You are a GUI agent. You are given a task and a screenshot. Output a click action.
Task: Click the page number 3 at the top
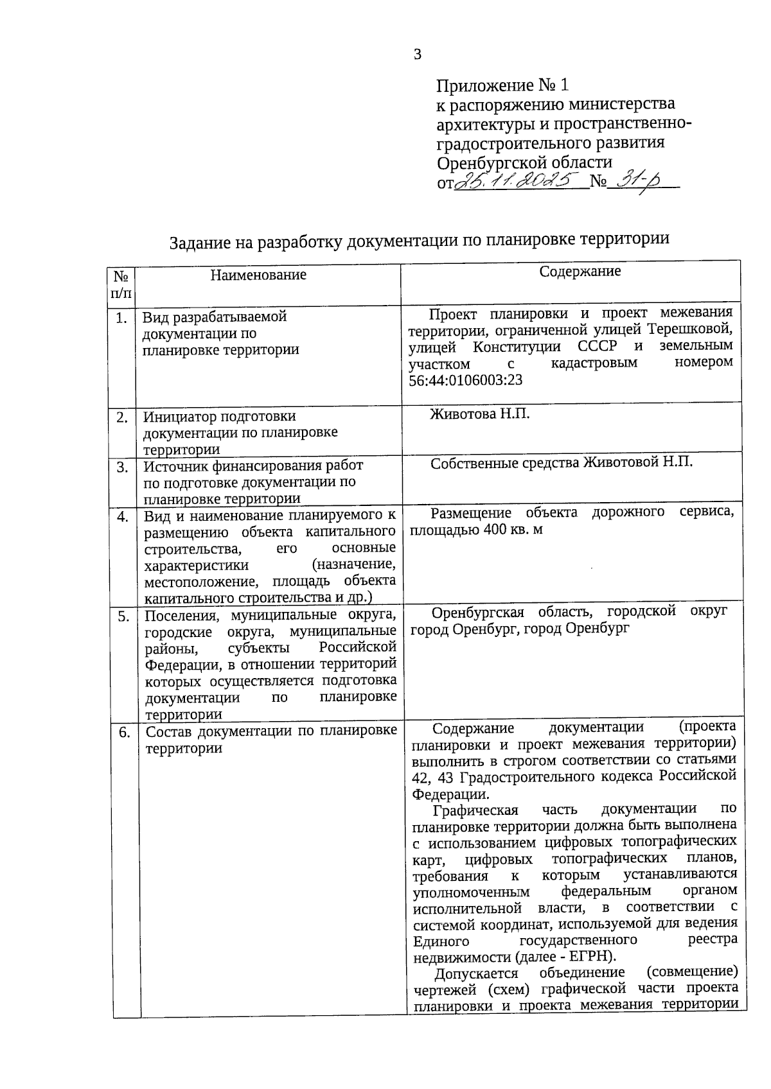417,55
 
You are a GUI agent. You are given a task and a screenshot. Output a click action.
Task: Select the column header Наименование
258,275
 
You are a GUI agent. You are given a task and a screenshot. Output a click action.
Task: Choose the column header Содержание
580,271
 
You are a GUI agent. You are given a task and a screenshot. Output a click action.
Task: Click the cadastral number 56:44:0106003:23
466,380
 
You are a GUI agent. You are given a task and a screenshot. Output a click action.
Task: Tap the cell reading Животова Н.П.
480,414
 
